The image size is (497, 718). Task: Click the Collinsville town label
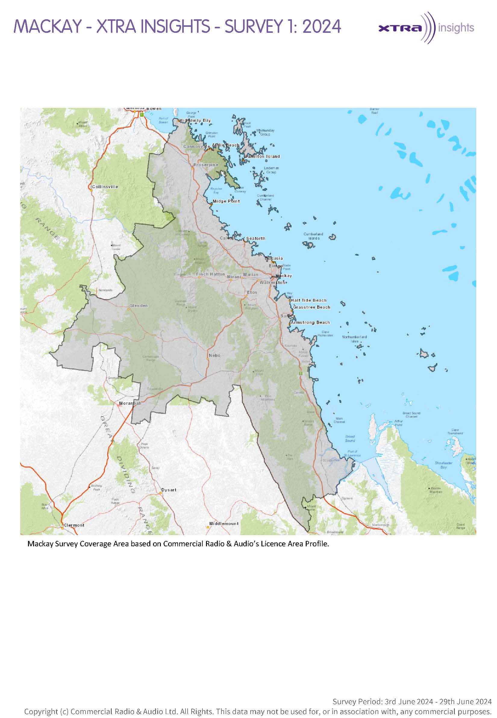click(105, 187)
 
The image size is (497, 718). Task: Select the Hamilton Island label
click(263, 157)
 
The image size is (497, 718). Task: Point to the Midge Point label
click(226, 201)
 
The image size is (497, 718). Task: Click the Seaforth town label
click(256, 239)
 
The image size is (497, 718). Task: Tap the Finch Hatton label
click(211, 274)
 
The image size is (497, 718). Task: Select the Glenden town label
click(139, 306)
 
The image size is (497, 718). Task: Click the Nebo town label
click(214, 355)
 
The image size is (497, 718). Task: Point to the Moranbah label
click(130, 403)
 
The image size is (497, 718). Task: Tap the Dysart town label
click(169, 490)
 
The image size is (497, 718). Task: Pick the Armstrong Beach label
click(310, 323)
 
